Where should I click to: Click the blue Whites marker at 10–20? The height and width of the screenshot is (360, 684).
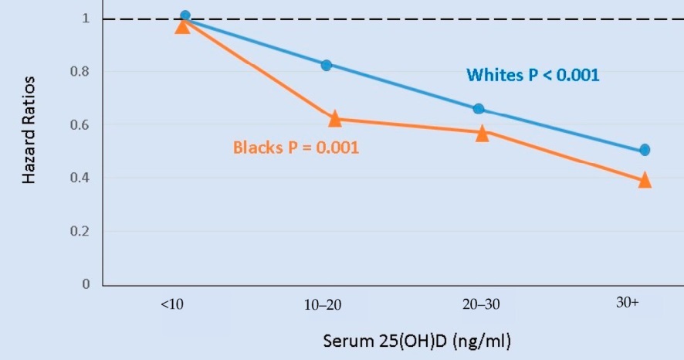pos(326,66)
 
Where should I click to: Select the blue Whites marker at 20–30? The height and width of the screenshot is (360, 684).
pos(479,109)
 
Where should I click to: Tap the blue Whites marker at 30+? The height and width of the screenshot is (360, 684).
pos(645,150)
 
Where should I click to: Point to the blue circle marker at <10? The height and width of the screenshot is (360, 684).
pos(185,15)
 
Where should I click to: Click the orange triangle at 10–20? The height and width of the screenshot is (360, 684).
pos(334,119)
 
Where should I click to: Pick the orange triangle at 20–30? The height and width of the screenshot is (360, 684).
pos(483,134)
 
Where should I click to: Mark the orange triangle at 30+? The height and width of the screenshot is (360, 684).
pos(645,181)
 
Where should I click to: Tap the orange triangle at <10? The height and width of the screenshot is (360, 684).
pos(182,26)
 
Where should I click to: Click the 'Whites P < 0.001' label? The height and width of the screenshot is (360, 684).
pos(533,76)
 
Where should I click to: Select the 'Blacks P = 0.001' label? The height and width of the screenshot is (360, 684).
pos(296,147)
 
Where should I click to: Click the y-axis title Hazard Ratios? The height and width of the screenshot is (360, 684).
pos(29,130)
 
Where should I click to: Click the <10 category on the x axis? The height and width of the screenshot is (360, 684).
pos(172,304)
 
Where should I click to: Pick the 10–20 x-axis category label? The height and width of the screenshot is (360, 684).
pos(323,305)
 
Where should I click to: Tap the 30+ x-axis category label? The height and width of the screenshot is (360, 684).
pos(628,303)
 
